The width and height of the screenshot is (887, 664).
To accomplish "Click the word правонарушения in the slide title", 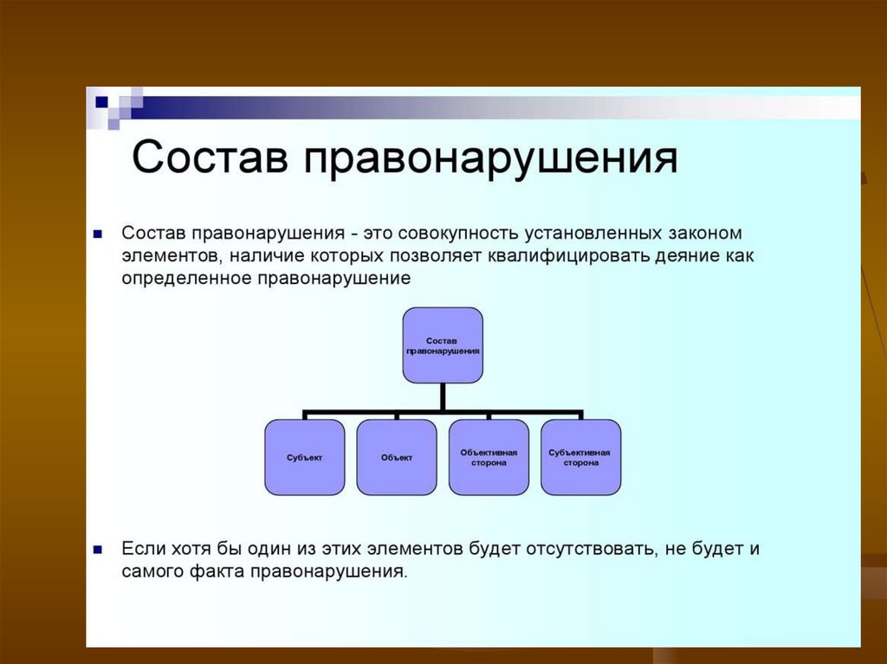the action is pyautogui.click(x=490, y=161).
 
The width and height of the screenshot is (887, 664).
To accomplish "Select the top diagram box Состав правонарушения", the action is pyautogui.click(x=443, y=345).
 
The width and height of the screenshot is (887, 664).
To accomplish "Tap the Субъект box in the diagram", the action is pyautogui.click(x=303, y=457).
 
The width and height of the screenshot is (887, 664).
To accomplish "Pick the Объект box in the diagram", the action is pyautogui.click(x=397, y=457).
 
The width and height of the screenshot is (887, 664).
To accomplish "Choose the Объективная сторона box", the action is pyautogui.click(x=489, y=457).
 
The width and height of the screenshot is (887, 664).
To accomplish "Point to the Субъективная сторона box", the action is pyautogui.click(x=580, y=457).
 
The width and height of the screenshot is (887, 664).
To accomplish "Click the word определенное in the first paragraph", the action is pyautogui.click(x=185, y=279).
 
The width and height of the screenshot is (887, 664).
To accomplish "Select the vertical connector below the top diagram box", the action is pyautogui.click(x=443, y=396).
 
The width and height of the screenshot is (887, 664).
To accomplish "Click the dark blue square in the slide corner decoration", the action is pyautogui.click(x=101, y=102).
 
